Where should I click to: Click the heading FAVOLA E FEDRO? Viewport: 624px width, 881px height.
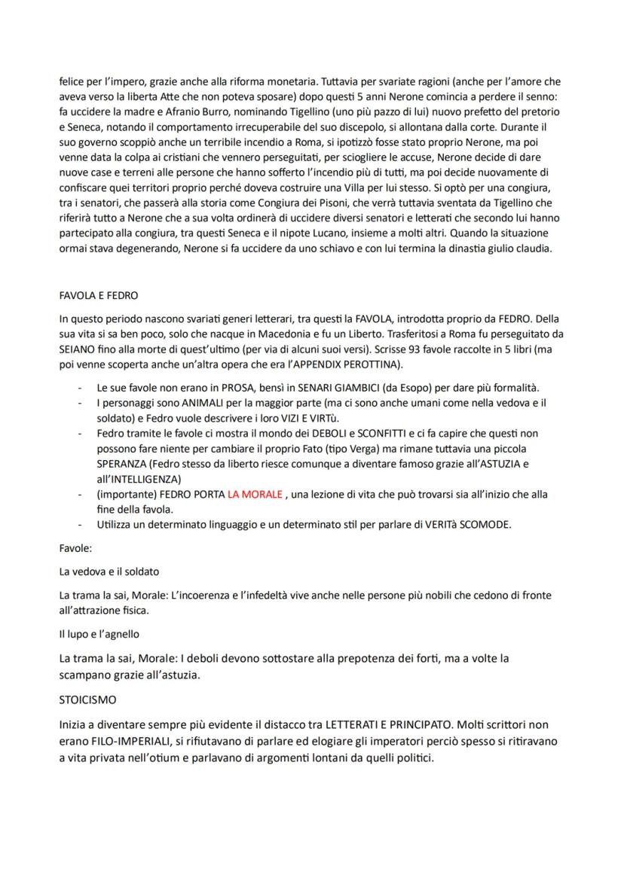click(98, 296)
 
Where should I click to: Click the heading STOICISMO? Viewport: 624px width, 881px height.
click(87, 700)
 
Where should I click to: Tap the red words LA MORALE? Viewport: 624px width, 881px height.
click(255, 494)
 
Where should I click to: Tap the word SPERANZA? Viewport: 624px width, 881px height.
click(123, 463)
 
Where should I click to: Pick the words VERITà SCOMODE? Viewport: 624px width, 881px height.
click(466, 525)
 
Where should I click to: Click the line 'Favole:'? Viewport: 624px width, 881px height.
click(76, 548)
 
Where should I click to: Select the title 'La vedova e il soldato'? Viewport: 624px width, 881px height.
click(109, 572)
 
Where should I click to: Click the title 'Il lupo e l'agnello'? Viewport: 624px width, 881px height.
click(99, 634)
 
